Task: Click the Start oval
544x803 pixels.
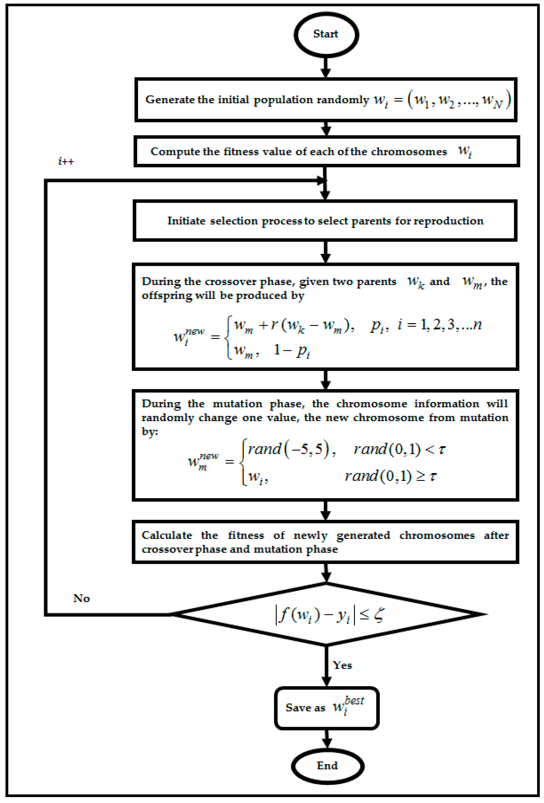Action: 326,34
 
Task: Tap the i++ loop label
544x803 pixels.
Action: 66,161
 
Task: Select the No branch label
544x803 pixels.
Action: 82,598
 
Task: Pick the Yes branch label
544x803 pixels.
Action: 342,665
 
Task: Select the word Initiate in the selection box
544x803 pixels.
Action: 186,221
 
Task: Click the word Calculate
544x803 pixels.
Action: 167,535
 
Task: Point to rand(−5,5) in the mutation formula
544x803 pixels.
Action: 290,449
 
